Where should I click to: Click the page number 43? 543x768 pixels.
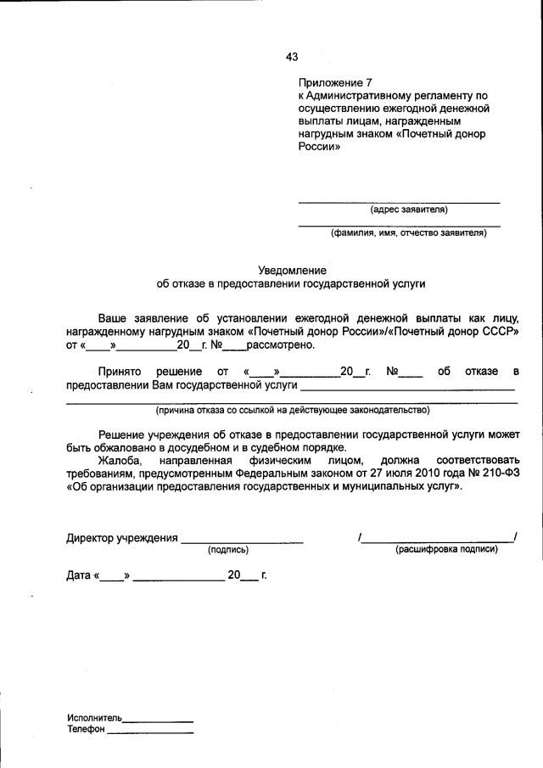(292, 57)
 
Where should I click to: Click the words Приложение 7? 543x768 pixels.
(335, 83)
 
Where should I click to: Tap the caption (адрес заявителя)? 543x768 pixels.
(409, 210)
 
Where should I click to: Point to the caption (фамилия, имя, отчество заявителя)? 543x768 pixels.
(409, 233)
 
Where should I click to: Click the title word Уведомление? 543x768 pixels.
(292, 270)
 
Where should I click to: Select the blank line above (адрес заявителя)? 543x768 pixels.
(399, 202)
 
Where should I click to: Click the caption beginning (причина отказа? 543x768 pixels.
(292, 410)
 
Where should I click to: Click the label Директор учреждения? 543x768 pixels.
(122, 538)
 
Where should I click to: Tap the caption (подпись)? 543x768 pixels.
(227, 550)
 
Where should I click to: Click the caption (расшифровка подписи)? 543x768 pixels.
(446, 550)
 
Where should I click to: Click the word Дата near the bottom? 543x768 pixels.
(79, 576)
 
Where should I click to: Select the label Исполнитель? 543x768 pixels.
(95, 717)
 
